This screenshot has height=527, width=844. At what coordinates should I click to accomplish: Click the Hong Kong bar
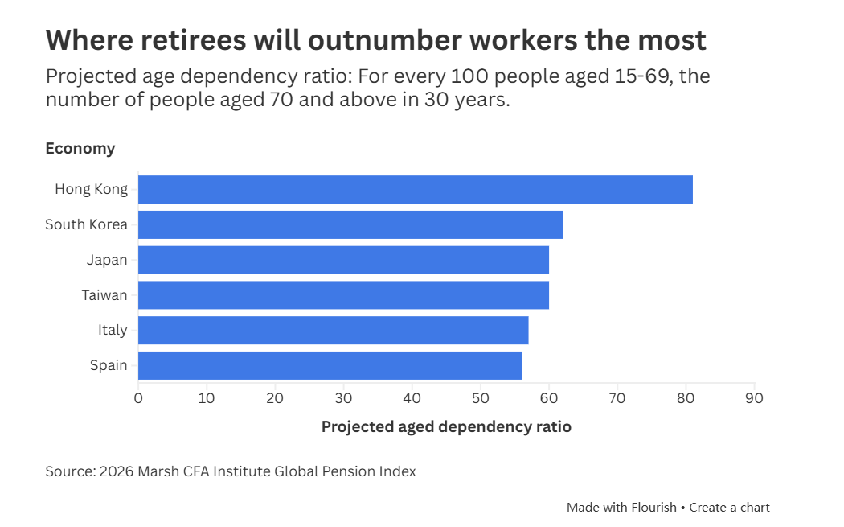416,189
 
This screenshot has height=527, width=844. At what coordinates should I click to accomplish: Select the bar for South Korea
350,224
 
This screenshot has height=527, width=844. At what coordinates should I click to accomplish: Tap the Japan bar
343,260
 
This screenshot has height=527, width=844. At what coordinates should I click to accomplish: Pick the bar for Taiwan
343,295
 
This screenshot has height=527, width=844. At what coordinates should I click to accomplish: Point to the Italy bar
334,331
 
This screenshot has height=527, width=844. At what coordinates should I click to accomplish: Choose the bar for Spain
330,365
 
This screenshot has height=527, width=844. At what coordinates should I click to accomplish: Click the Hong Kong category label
92,189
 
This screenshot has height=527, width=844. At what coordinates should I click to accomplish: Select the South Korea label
87,224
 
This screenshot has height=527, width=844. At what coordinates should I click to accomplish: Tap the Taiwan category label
104,295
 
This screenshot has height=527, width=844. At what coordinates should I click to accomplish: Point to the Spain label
109,365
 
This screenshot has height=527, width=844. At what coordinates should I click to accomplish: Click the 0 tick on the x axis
138,398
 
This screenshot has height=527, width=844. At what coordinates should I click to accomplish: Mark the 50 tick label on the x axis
480,398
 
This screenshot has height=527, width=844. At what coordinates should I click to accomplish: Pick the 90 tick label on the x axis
754,398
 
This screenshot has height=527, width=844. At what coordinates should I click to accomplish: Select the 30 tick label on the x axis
343,398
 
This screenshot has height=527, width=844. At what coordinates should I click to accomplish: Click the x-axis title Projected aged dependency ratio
446,426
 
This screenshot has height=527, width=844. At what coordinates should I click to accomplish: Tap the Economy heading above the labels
80,149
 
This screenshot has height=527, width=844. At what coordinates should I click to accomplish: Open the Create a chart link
729,508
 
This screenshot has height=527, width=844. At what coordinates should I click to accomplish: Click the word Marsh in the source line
158,471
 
